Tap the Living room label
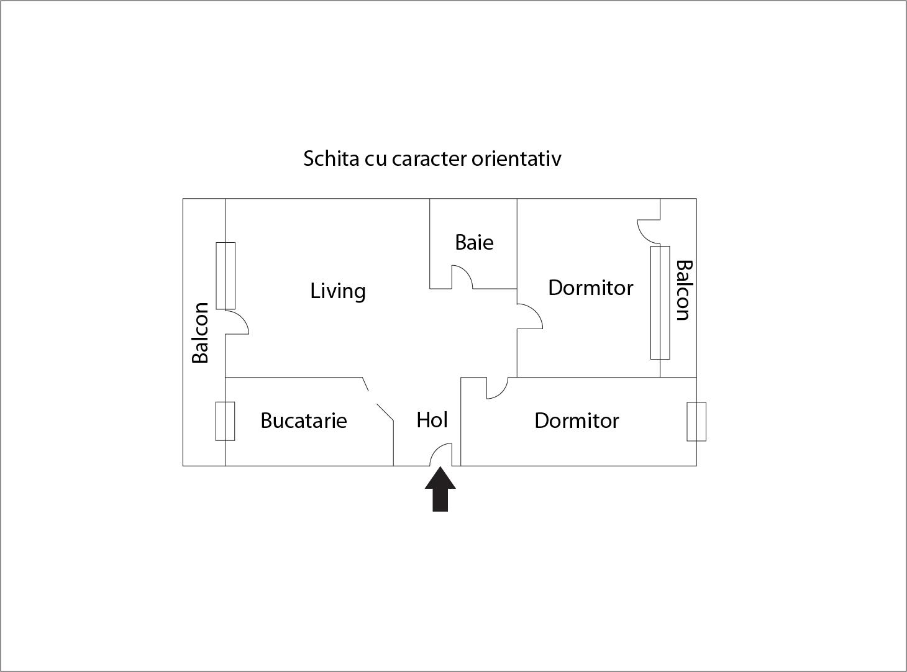[338, 291]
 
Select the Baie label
[474, 242]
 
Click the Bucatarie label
[303, 420]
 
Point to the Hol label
[432, 420]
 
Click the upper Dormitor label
[590, 288]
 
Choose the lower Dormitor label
[577, 420]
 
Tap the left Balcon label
[200, 332]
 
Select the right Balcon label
[683, 290]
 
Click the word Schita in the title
[331, 158]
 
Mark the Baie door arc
[462, 276]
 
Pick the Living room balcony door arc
[237, 322]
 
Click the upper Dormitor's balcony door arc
[649, 232]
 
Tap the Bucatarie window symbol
[225, 421]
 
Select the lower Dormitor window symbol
[696, 422]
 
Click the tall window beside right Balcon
[660, 302]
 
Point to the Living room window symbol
[226, 276]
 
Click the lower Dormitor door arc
[498, 388]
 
